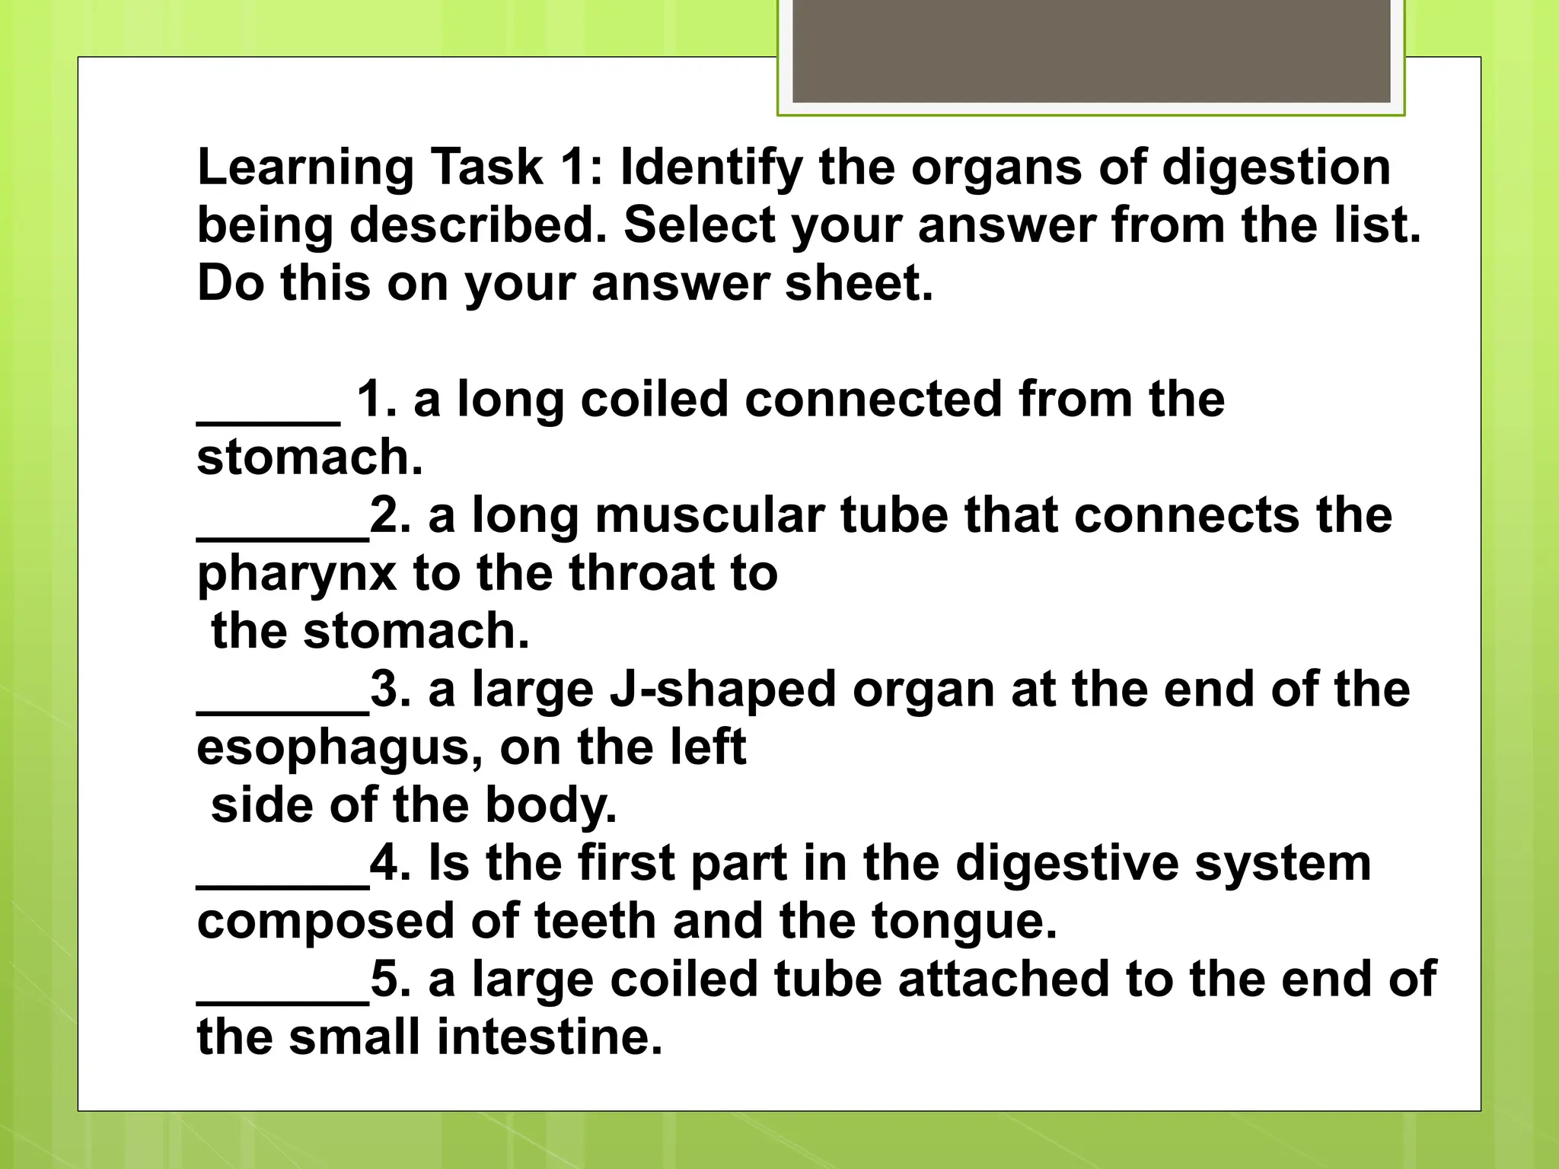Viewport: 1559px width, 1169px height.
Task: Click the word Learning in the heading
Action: click(x=304, y=167)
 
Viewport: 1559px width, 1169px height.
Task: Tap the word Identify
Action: click(x=711, y=167)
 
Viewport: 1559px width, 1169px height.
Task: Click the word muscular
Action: click(x=709, y=515)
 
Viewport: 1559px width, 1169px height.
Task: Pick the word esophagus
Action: click(x=340, y=749)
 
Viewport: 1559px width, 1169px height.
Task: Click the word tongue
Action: click(x=964, y=922)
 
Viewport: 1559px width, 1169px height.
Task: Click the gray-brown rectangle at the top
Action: click(x=1091, y=51)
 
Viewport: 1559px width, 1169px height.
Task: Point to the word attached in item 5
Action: click(x=1003, y=979)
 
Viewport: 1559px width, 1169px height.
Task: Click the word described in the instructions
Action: click(x=478, y=225)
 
